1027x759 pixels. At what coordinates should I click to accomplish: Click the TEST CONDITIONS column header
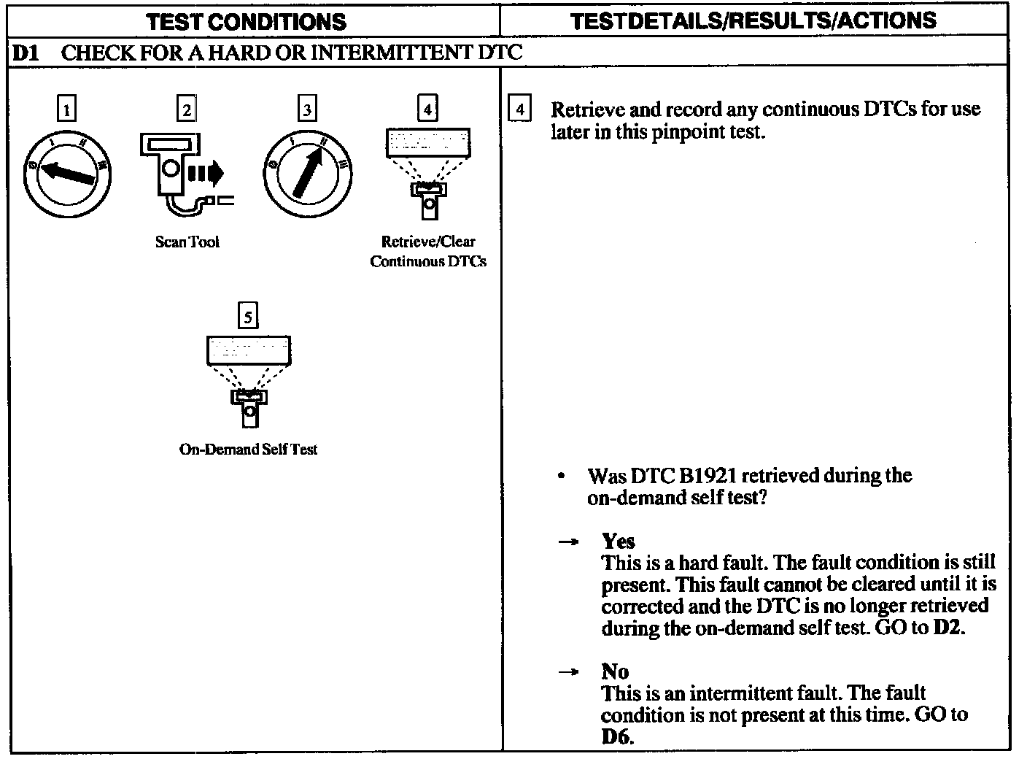tap(246, 21)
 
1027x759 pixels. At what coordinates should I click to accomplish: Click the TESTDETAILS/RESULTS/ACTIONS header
tap(753, 20)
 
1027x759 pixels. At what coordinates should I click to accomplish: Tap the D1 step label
tap(26, 53)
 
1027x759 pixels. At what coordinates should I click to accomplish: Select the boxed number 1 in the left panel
tap(66, 109)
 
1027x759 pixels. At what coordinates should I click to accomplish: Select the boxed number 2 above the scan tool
tap(187, 109)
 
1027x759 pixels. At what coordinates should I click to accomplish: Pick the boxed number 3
tap(307, 109)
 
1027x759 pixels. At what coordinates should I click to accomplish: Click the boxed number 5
tap(249, 316)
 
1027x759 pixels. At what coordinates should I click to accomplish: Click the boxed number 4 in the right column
tap(519, 109)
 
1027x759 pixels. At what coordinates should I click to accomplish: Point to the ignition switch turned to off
tap(68, 173)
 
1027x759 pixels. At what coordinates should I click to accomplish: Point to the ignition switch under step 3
tap(307, 173)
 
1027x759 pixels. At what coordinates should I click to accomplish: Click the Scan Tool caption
tap(187, 242)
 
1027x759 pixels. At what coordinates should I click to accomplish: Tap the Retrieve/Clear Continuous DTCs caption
tap(428, 251)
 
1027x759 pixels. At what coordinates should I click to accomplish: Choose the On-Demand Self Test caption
tap(248, 449)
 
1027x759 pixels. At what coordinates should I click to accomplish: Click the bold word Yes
tap(618, 541)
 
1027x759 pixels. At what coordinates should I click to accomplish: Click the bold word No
tap(615, 671)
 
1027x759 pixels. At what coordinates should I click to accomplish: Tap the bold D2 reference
tap(947, 628)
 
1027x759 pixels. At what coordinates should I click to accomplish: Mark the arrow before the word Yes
tap(568, 542)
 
